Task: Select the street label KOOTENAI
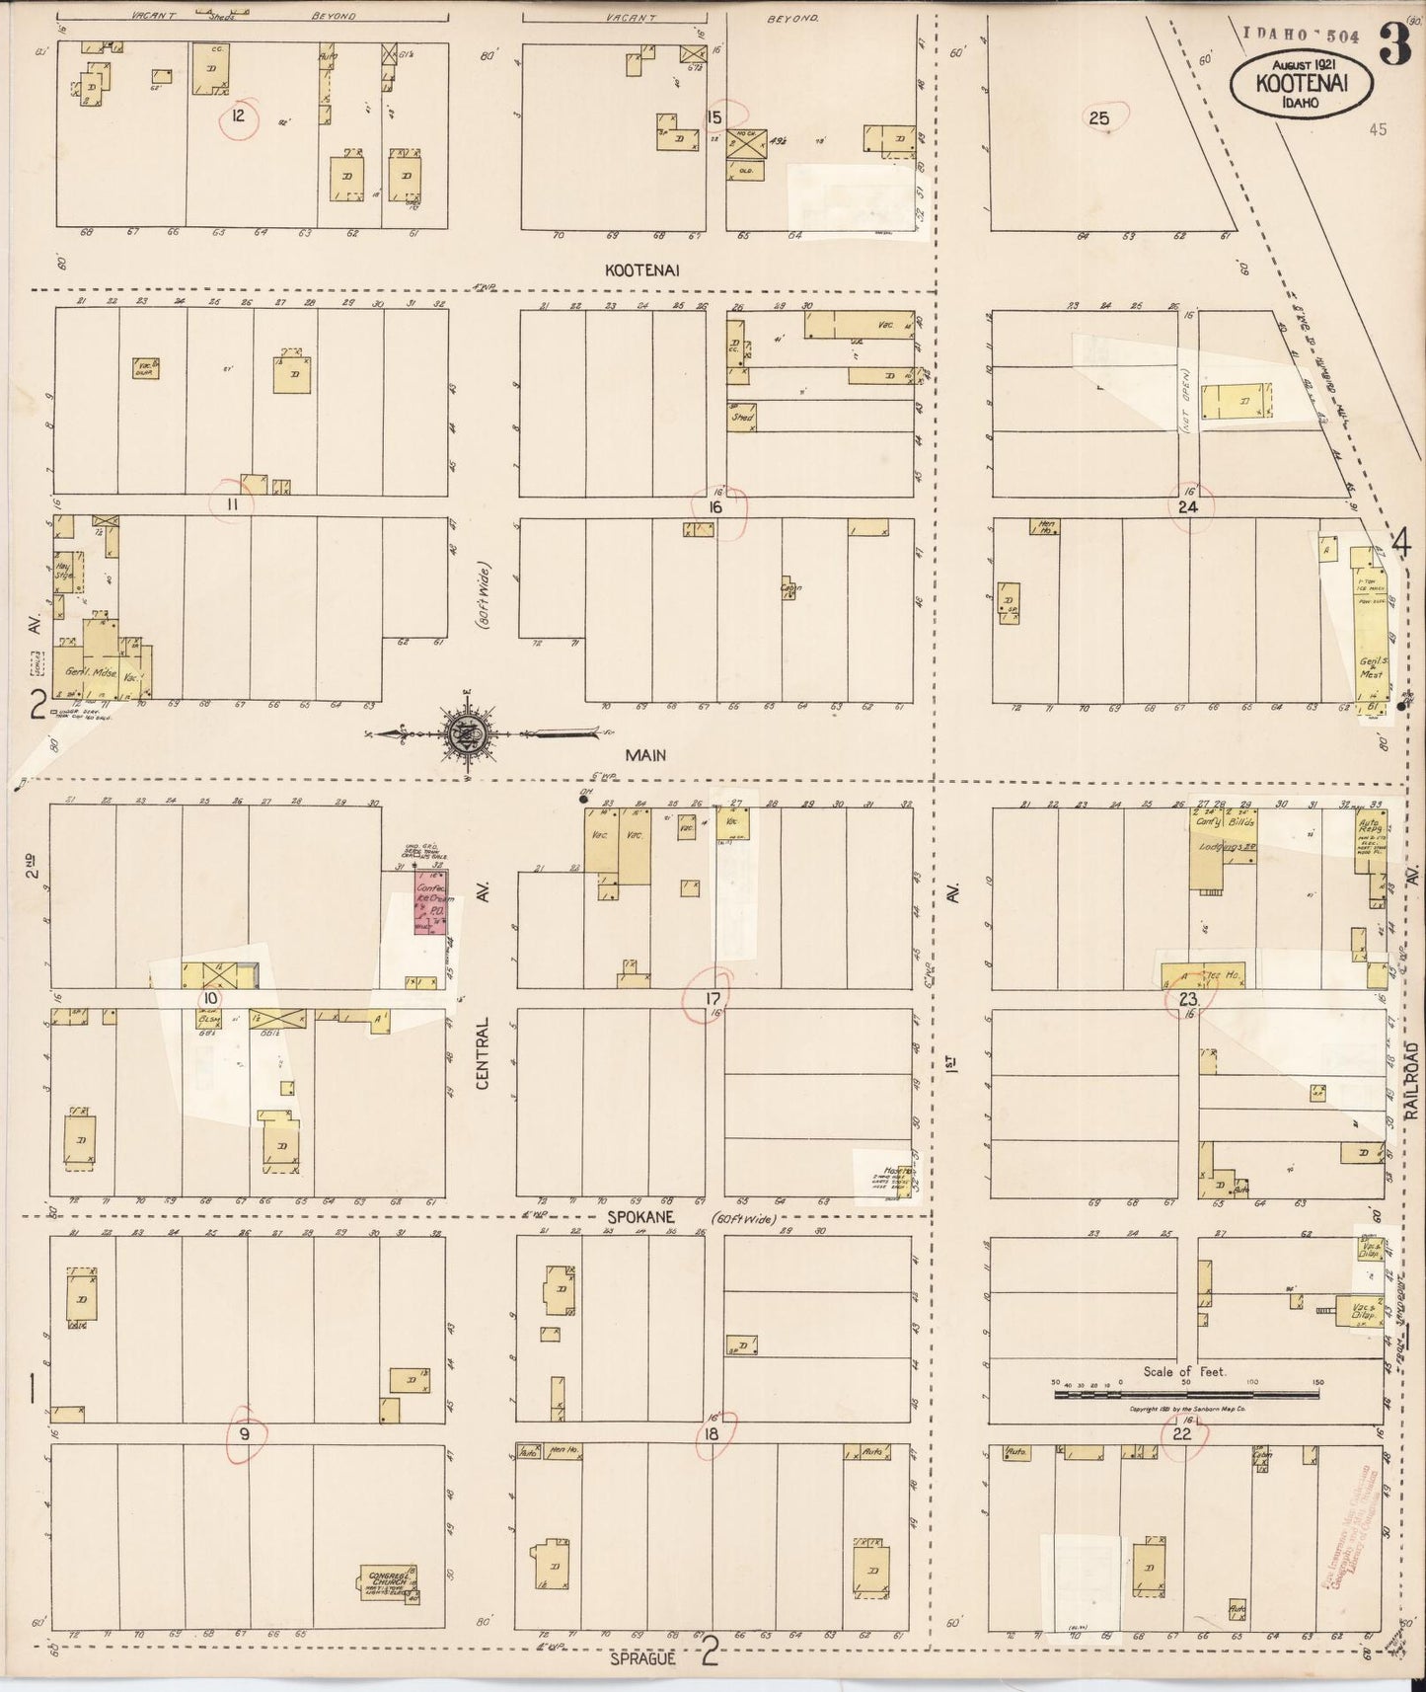click(644, 269)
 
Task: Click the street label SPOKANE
click(649, 1220)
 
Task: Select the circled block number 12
click(238, 115)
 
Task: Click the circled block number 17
click(711, 1000)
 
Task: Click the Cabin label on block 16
click(790, 588)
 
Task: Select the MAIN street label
click(644, 755)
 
